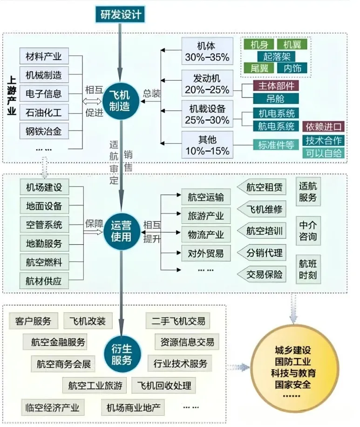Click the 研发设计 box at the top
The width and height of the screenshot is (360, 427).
pos(121,14)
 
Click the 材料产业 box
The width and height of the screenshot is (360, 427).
pos(44,56)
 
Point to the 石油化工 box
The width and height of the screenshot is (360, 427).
pos(44,112)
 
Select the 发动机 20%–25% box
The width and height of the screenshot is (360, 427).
pos(207,83)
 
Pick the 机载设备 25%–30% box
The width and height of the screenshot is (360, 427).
pos(207,114)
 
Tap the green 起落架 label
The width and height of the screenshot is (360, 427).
pos(276,56)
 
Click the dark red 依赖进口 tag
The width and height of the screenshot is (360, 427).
pos(324,126)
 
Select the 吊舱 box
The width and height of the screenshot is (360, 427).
pos(276,98)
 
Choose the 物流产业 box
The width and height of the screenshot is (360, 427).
pos(205,234)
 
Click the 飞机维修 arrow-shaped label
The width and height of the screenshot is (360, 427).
pos(264,209)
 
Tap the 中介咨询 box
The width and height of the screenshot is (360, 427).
pos(308,231)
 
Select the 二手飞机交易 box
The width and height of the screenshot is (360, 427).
pos(177,321)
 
